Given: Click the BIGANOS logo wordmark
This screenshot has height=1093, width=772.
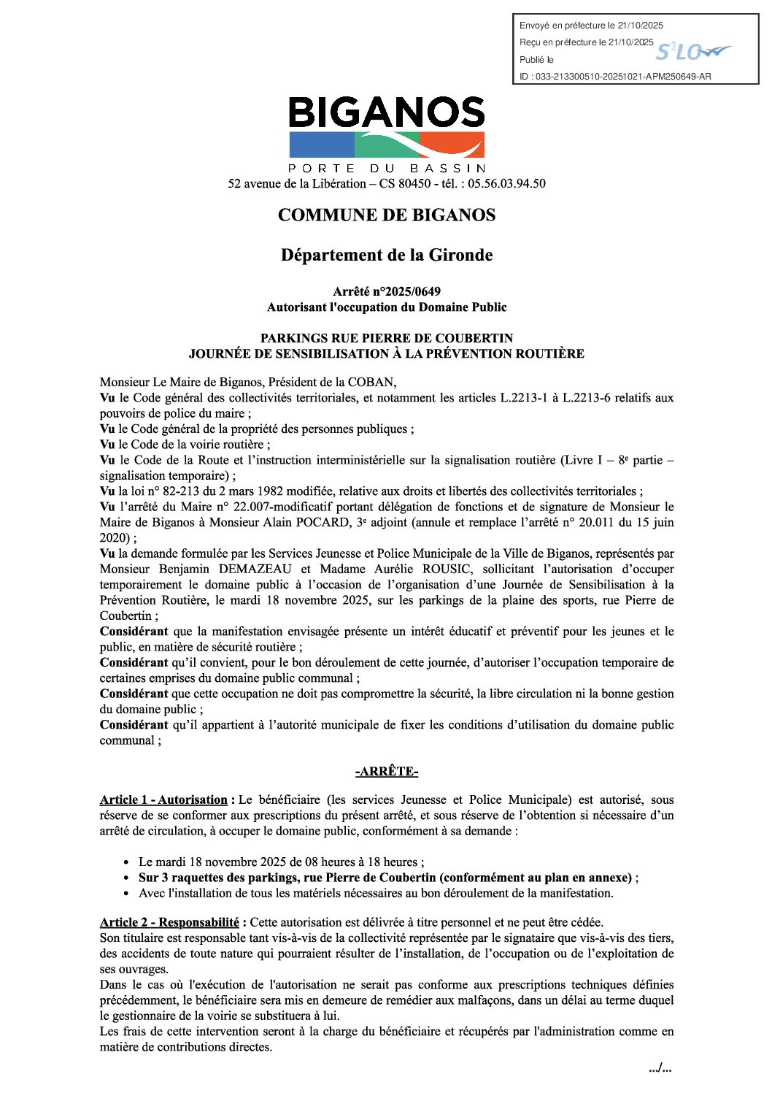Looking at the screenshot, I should [x=387, y=113].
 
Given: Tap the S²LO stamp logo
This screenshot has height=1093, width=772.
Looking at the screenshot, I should [x=692, y=52].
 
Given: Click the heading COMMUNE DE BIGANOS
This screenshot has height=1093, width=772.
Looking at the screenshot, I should [x=387, y=215].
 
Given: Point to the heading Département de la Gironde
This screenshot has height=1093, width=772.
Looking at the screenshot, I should [x=387, y=256].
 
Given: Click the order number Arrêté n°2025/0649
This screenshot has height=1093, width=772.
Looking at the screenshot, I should [x=387, y=292].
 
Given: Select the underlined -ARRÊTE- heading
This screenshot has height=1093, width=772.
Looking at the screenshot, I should [x=387, y=772].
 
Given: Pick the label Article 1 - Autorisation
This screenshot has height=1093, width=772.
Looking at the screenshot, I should [x=164, y=800].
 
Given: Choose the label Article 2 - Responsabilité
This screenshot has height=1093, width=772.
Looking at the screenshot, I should [x=169, y=922].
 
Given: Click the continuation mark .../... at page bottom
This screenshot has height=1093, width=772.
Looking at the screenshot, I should [x=660, y=1069].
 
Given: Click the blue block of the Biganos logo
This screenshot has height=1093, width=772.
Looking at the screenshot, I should [x=321, y=145].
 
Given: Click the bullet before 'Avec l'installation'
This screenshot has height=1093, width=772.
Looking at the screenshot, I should [x=127, y=894].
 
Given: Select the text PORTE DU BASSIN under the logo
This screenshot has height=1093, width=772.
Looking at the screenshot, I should [x=387, y=169].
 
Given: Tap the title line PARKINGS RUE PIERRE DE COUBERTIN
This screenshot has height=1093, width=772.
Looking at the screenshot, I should [x=387, y=339].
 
